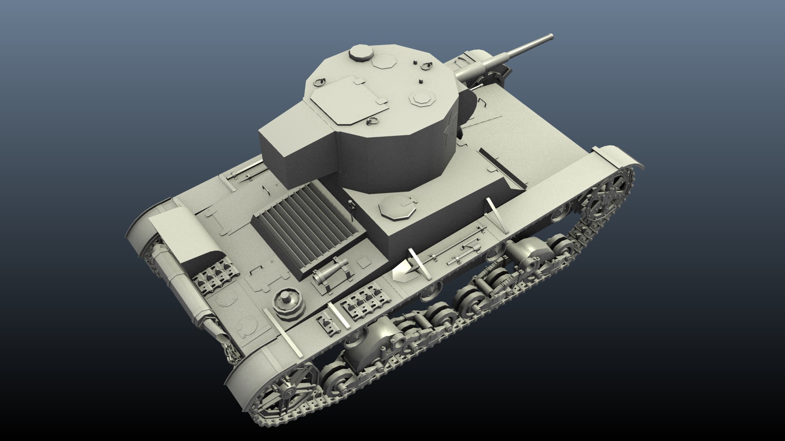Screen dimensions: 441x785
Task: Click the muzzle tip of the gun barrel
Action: click(551, 37)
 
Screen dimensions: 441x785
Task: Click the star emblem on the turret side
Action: click(448, 131)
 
